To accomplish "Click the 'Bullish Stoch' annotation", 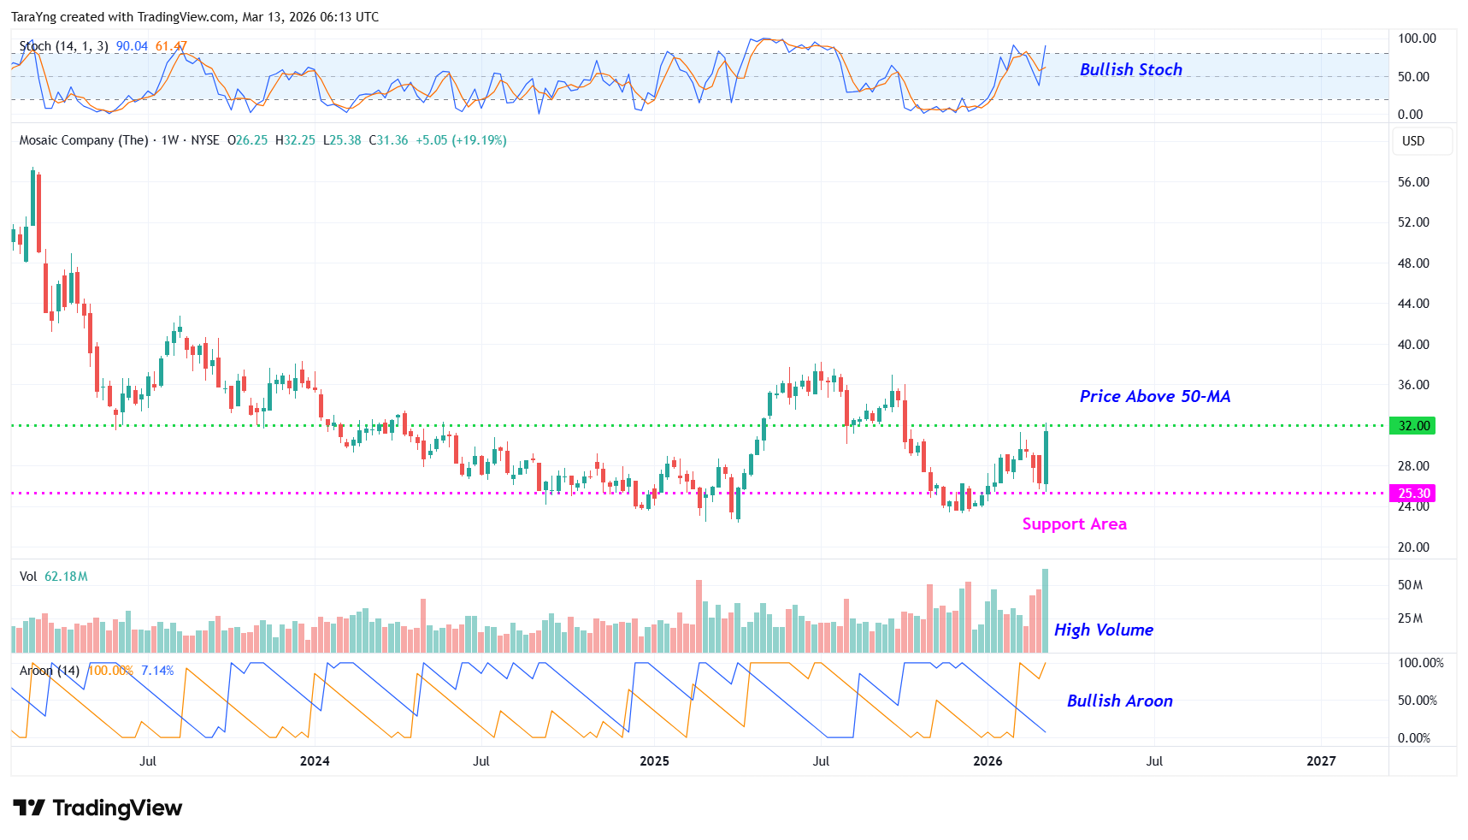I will (x=1130, y=70).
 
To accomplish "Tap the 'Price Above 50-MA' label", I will (x=1154, y=396).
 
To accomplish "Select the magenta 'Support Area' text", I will (x=1074, y=524).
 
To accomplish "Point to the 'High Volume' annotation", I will (x=1103, y=630).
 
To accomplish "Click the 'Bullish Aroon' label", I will (x=1119, y=701).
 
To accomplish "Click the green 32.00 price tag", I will (x=1412, y=426).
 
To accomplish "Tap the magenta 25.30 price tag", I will (x=1412, y=494).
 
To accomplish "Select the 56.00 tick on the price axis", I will (x=1413, y=182).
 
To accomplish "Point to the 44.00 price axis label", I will (x=1413, y=304).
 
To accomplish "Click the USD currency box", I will (x=1413, y=141).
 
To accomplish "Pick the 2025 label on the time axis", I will (x=654, y=761).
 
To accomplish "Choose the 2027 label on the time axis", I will (x=1321, y=761).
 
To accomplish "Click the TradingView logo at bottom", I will (x=97, y=808).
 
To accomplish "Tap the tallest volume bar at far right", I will (x=1045, y=611).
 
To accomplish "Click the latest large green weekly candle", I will (x=1046, y=458).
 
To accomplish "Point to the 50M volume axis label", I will (x=1410, y=585).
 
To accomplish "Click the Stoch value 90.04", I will (x=132, y=46).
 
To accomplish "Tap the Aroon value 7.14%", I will (x=157, y=671).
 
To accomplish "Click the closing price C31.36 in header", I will (x=389, y=140).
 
